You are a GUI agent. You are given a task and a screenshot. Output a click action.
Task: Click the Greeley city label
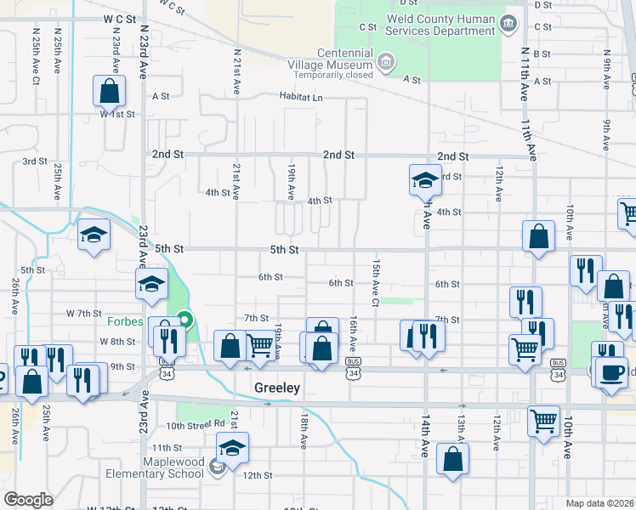click(277, 387)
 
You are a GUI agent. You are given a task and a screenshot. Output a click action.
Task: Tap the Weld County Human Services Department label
click(440, 25)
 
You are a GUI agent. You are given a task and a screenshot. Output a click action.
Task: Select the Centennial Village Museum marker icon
click(385, 61)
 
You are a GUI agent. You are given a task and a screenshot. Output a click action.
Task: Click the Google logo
click(28, 500)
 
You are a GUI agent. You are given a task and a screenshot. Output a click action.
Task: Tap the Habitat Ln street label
click(301, 97)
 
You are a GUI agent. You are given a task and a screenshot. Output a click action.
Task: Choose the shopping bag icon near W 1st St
click(109, 91)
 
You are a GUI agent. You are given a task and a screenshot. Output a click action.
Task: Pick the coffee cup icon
click(610, 372)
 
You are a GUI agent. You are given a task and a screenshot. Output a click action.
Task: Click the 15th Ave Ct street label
click(374, 284)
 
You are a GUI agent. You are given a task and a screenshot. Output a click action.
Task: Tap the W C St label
click(120, 18)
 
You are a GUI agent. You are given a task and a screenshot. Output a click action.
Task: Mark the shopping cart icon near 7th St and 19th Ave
click(261, 345)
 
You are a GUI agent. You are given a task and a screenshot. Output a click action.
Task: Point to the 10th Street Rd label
click(195, 425)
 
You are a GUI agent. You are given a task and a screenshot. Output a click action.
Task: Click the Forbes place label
click(128, 321)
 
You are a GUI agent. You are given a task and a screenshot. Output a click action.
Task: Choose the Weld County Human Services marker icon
click(508, 22)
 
